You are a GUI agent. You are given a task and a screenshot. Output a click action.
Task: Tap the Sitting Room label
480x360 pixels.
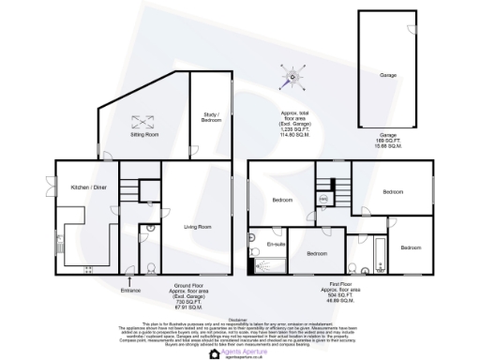(x=143, y=135)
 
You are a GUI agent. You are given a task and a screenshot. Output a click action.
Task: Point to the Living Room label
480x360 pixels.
(x=197, y=226)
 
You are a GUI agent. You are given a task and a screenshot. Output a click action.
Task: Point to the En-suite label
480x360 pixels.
(x=276, y=245)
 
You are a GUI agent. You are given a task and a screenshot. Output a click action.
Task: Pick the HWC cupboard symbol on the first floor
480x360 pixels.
(x=322, y=198)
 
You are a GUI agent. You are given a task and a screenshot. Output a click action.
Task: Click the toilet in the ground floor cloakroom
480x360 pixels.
(x=151, y=265)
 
